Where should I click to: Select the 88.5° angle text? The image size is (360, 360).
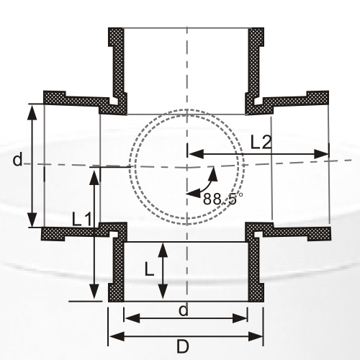223,199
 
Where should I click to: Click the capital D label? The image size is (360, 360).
183,347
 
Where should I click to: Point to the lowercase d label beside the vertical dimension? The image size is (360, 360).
17,160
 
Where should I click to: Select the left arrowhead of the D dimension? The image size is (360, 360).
113,336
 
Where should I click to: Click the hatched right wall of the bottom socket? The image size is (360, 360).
254,270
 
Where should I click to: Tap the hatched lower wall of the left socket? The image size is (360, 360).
72,233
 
